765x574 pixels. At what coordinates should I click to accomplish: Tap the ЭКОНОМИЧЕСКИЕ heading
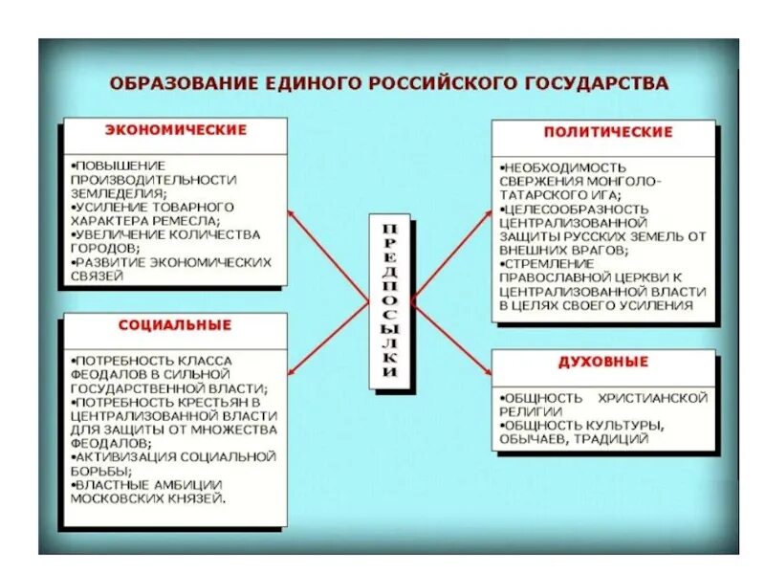coord(175,130)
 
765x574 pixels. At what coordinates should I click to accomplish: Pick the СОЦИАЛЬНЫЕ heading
coord(175,325)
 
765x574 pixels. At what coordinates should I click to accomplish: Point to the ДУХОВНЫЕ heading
coord(603,362)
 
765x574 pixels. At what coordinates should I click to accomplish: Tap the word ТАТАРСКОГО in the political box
coord(539,194)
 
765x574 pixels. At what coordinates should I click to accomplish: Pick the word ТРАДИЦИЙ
coord(614,439)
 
